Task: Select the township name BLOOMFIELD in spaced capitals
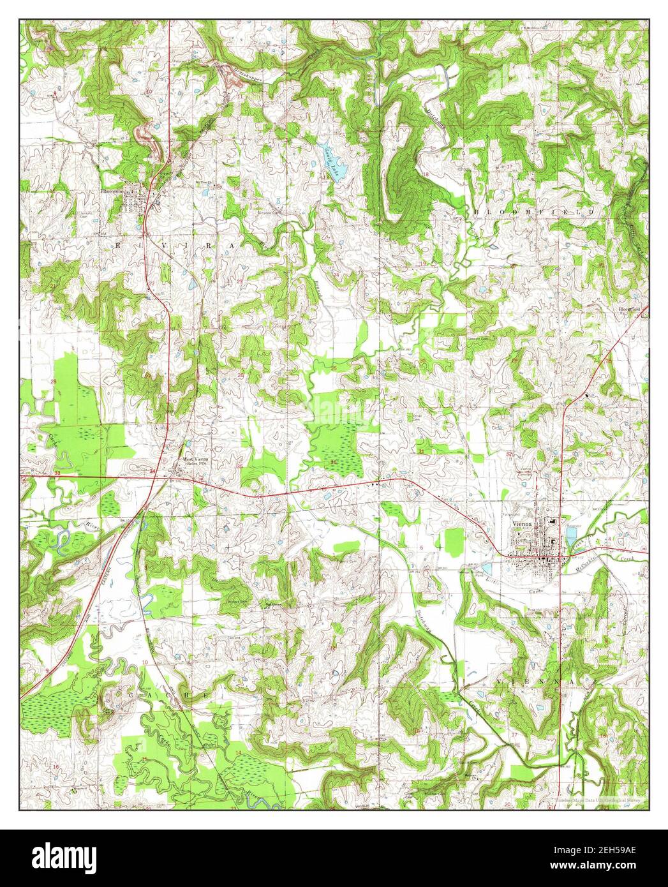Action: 533,211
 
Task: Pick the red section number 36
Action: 333,462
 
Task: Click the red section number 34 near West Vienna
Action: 152,471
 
